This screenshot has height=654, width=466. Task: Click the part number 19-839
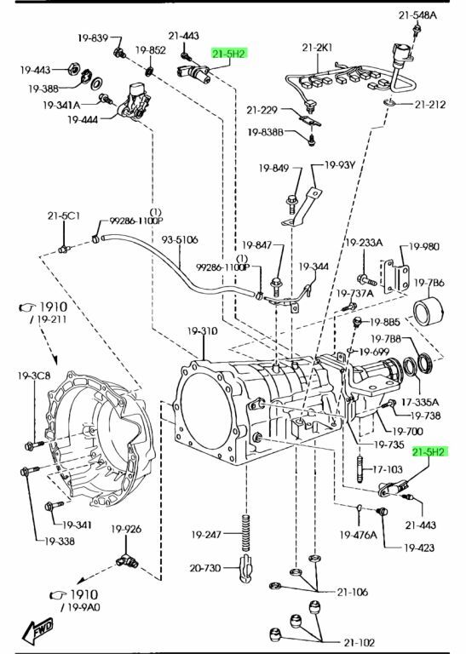tap(93, 38)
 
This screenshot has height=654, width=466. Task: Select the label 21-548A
tap(417, 15)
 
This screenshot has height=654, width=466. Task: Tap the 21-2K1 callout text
tap(318, 48)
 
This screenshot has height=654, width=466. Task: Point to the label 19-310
tap(203, 331)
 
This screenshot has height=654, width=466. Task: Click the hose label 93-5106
tap(180, 240)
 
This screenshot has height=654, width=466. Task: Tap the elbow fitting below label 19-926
tap(127, 561)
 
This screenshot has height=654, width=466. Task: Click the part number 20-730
tap(204, 568)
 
